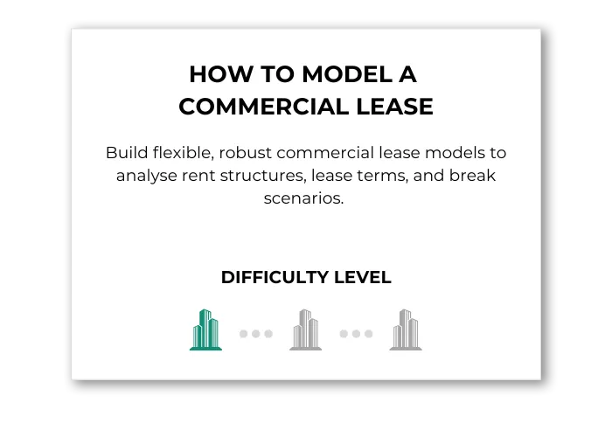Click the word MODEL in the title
(x=347, y=74)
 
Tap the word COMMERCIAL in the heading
(x=263, y=107)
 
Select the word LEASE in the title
(x=394, y=107)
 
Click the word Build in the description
(x=127, y=153)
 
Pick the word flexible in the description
(x=184, y=153)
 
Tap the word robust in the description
(x=245, y=153)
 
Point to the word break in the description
(x=472, y=175)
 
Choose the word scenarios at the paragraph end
(x=303, y=198)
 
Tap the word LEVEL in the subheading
(x=363, y=277)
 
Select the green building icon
(x=205, y=330)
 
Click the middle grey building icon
(x=306, y=330)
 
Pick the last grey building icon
(x=406, y=330)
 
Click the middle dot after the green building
(x=255, y=334)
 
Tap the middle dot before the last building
(x=356, y=334)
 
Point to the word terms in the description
(x=382, y=176)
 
